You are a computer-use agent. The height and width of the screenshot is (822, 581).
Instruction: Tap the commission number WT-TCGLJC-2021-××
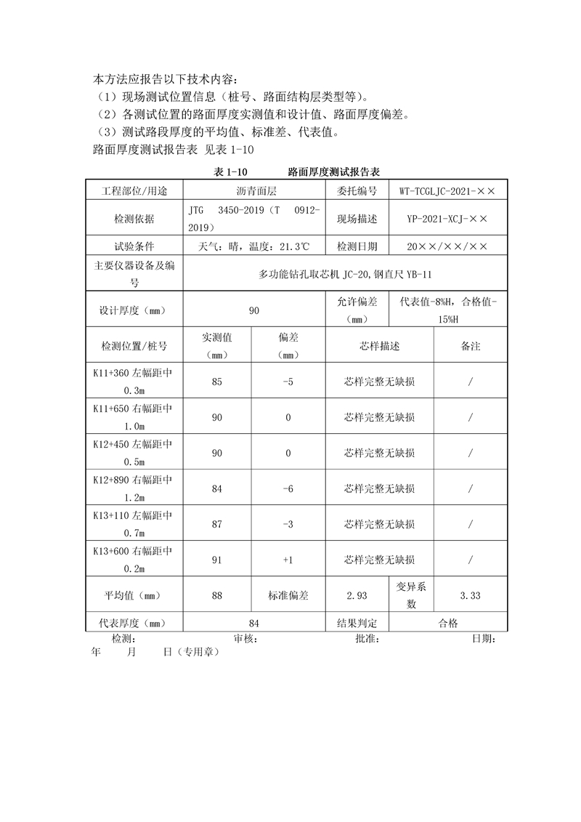[447, 191]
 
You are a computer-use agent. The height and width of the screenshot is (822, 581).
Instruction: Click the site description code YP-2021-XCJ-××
[447, 218]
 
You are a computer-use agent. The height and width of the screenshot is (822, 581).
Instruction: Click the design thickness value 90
[254, 311]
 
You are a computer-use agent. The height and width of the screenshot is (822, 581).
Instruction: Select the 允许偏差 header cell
[357, 311]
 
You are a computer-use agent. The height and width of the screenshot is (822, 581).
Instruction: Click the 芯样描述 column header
[380, 347]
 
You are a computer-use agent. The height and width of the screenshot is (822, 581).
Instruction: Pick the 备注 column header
[471, 347]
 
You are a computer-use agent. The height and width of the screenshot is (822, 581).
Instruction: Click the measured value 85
[217, 382]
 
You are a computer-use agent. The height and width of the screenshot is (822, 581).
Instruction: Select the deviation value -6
[288, 489]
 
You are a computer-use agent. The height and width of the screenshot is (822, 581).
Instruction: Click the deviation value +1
[288, 560]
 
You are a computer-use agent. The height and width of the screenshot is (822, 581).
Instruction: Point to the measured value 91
[217, 560]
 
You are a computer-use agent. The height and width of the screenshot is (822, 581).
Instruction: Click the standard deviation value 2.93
[357, 596]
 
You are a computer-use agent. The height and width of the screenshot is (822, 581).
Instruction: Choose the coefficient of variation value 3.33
[471, 596]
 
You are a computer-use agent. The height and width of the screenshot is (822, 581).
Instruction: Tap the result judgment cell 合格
[448, 624]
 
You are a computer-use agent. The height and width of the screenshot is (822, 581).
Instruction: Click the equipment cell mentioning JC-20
[345, 275]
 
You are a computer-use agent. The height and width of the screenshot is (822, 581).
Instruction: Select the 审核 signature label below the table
[244, 639]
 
